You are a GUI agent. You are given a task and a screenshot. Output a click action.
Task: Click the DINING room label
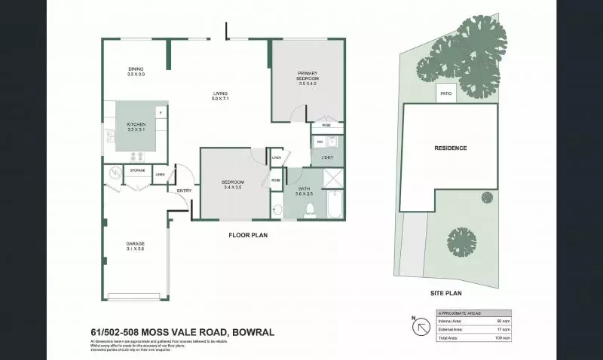tap(136, 70)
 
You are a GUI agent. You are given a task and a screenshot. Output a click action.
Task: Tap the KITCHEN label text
tap(136, 124)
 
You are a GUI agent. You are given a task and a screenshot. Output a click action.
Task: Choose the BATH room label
tap(305, 189)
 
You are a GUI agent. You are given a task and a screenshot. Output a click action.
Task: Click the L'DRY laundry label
tap(327, 157)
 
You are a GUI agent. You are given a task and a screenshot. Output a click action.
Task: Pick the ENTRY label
tap(184, 191)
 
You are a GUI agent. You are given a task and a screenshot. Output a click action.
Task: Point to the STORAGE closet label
tap(137, 171)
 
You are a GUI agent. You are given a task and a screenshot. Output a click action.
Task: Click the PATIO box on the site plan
tap(446, 95)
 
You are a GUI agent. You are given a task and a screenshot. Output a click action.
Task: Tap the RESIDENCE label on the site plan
tap(450, 148)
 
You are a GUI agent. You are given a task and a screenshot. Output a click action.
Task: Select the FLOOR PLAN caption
tap(249, 235)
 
